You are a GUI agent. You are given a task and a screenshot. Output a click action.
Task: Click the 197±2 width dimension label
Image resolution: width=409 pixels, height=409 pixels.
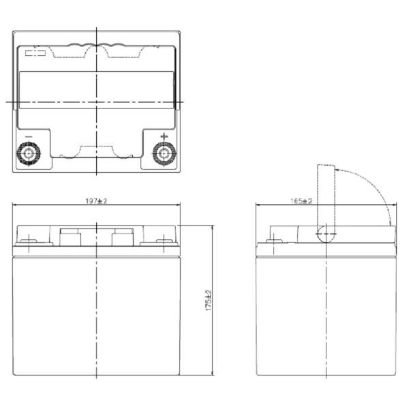pyautogui.click(x=96, y=201)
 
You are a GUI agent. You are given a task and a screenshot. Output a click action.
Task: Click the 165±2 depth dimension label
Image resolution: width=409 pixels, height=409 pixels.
pyautogui.click(x=301, y=201)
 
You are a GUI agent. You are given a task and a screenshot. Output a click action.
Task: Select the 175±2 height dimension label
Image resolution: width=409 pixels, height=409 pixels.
pyautogui.click(x=209, y=300)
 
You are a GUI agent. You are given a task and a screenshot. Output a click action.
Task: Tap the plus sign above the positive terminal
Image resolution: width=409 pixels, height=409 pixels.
pyautogui.click(x=164, y=136)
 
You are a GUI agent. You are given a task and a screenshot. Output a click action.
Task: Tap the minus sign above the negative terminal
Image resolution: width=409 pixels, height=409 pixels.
pyautogui.click(x=29, y=137)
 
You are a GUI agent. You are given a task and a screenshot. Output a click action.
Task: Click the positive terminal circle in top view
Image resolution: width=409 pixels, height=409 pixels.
pyautogui.click(x=164, y=153)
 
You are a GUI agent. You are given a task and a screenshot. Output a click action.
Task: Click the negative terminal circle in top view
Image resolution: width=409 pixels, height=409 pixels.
pyautogui.click(x=29, y=153)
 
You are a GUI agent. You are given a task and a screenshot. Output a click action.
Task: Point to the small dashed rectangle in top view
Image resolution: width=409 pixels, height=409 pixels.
pyautogui.click(x=35, y=53)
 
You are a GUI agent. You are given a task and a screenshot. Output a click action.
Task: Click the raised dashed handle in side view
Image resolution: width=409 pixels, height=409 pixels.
pyautogui.click(x=326, y=198)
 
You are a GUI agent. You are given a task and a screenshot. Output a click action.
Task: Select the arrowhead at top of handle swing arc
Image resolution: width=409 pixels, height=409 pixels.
pyautogui.click(x=337, y=170)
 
